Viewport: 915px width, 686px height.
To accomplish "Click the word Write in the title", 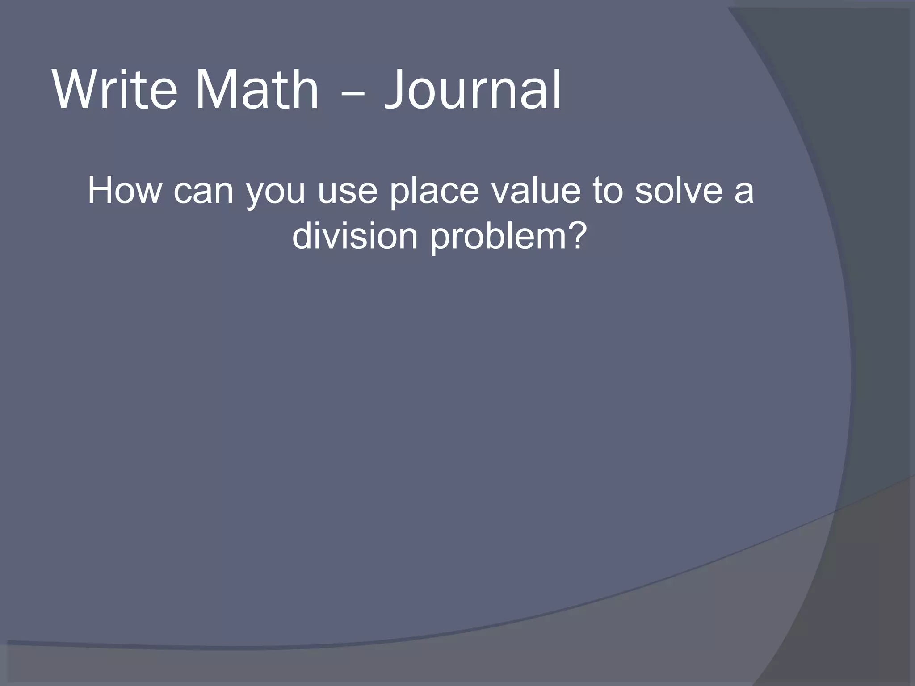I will [115, 90].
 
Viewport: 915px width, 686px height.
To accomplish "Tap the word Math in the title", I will [257, 90].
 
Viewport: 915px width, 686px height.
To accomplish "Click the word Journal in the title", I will [472, 90].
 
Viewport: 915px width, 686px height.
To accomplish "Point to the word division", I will [355, 236].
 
